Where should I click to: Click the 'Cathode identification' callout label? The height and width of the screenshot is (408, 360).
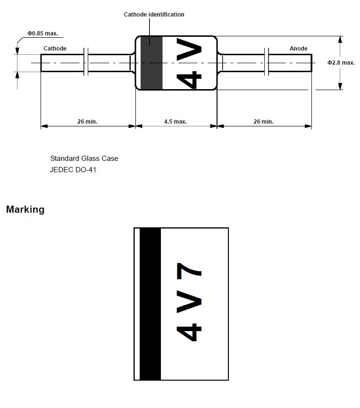pos(154,15)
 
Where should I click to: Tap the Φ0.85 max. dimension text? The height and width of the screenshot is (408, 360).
pos(43,33)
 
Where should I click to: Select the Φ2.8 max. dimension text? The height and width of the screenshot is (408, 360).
pos(341,63)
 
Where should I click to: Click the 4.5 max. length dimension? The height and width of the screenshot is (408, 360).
pos(176,122)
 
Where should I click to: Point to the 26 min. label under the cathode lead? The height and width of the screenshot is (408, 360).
pos(87,122)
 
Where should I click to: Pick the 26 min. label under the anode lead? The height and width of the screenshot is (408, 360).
pos(263,122)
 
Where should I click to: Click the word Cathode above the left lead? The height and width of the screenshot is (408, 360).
pos(55,49)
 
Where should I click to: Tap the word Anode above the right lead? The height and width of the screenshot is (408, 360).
pos(298,49)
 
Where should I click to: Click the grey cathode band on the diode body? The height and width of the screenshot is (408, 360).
pos(151,63)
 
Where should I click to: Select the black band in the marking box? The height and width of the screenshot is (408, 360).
pos(150,304)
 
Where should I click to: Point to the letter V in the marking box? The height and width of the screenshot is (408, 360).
pos(189,301)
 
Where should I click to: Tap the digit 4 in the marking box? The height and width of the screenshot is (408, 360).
pos(189,332)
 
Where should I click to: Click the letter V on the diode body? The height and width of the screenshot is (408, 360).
pos(189,50)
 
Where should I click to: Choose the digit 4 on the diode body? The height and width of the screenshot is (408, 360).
pos(189,80)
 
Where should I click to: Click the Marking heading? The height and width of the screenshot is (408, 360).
pos(25,209)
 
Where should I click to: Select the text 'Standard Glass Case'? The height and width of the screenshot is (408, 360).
pos(84,158)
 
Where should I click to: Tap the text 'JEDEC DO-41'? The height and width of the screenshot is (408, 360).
pos(73,170)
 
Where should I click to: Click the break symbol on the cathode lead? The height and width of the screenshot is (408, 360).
pos(86,62)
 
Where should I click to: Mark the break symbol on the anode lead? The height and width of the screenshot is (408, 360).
pos(267,62)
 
